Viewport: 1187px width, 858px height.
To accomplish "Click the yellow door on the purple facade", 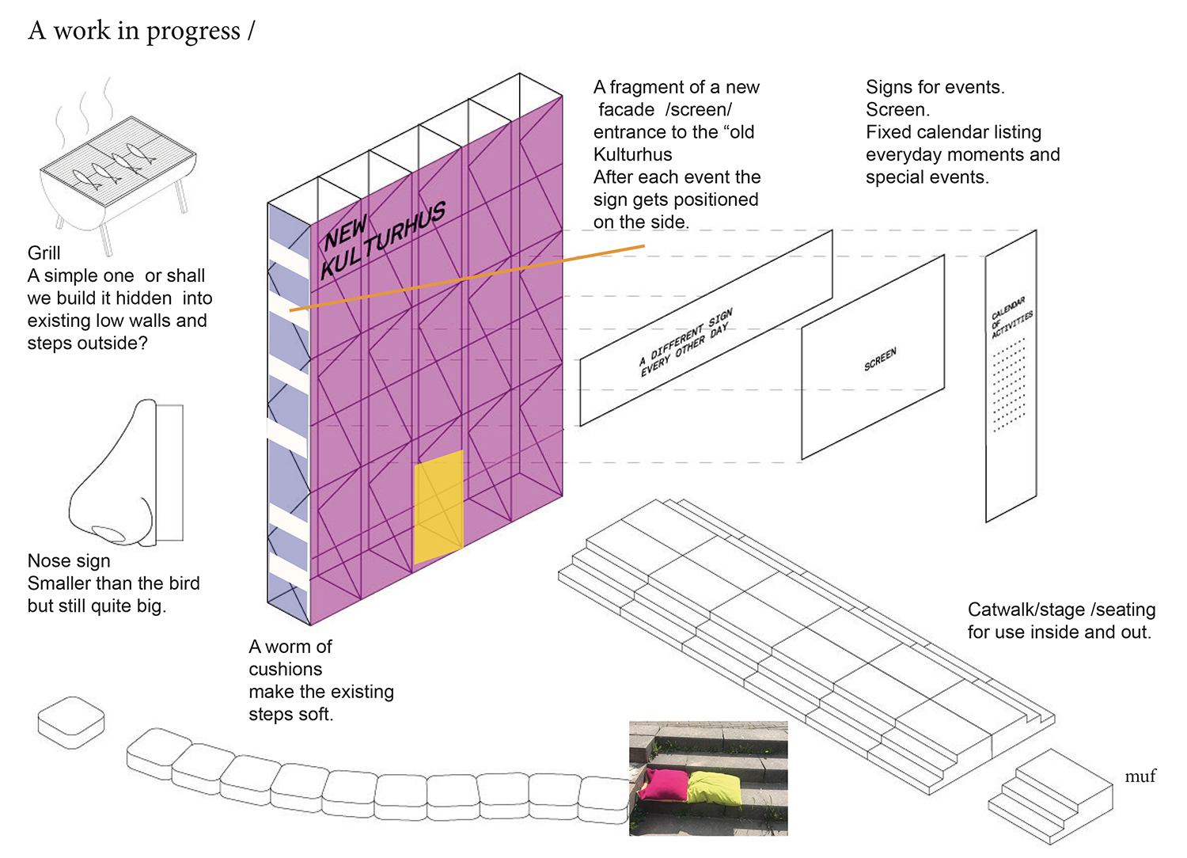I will click(438, 507).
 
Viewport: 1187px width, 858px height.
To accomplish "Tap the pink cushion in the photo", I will click(666, 784).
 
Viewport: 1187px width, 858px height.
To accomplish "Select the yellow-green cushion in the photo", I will click(715, 788).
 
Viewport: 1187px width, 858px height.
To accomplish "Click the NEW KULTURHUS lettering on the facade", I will click(383, 238).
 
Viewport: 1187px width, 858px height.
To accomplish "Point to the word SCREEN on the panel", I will click(880, 359).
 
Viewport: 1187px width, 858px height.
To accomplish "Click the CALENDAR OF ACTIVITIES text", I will click(1011, 317).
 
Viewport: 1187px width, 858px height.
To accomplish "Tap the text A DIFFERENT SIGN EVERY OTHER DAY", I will click(686, 342).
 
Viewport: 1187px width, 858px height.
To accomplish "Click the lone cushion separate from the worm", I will click(71, 722).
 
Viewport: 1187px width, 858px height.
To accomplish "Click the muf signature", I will click(1140, 776).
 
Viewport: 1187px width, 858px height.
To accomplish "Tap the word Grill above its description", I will click(44, 253).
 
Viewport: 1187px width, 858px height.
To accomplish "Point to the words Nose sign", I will click(69, 561).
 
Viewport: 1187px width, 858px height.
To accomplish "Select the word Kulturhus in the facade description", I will click(633, 154).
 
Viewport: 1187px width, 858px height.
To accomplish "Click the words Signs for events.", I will click(935, 87).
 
